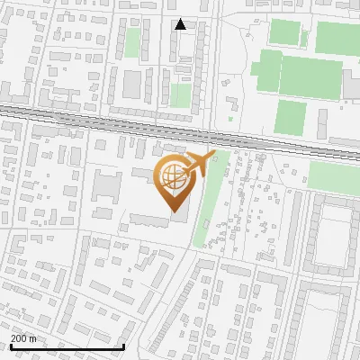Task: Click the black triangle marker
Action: click(x=181, y=24)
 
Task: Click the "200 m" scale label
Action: click(x=23, y=338)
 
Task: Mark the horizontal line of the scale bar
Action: click(x=67, y=346)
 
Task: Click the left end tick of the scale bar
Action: click(x=10, y=345)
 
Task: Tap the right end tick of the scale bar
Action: click(x=123, y=345)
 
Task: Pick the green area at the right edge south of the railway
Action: click(x=335, y=175)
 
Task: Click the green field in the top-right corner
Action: click(x=337, y=37)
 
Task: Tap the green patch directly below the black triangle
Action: click(x=181, y=94)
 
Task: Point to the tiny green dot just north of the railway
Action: click(x=230, y=118)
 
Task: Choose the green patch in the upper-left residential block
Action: click(x=133, y=42)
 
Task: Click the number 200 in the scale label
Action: click(x=19, y=338)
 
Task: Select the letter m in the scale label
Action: click(x=33, y=338)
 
